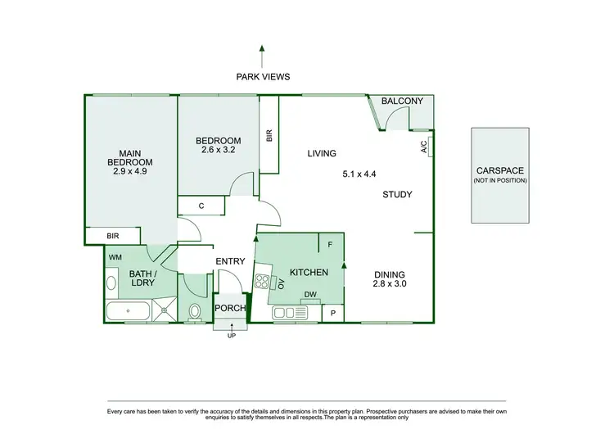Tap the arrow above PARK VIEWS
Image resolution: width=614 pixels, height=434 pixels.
(x=261, y=55)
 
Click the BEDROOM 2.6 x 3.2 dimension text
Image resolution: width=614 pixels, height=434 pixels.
(x=218, y=150)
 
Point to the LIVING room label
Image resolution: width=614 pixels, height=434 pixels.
(x=322, y=154)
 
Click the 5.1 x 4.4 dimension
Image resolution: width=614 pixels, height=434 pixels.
(x=359, y=174)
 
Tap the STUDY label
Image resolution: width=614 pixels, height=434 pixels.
(x=397, y=195)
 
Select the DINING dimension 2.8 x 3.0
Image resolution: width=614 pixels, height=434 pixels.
(x=390, y=284)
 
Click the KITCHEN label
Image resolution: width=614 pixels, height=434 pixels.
(x=309, y=272)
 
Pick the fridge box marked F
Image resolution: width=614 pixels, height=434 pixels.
(x=331, y=245)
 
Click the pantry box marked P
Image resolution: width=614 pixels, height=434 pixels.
(x=333, y=313)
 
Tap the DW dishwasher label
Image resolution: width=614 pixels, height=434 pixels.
(x=310, y=296)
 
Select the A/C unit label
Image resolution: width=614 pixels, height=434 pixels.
(x=424, y=147)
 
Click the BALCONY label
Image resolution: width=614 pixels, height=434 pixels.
(x=402, y=102)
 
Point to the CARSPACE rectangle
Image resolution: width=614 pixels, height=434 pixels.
(x=499, y=174)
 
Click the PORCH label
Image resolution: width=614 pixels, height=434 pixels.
(x=230, y=309)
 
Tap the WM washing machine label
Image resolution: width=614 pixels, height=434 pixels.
(x=115, y=257)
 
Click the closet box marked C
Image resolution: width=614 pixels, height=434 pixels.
(x=201, y=206)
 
